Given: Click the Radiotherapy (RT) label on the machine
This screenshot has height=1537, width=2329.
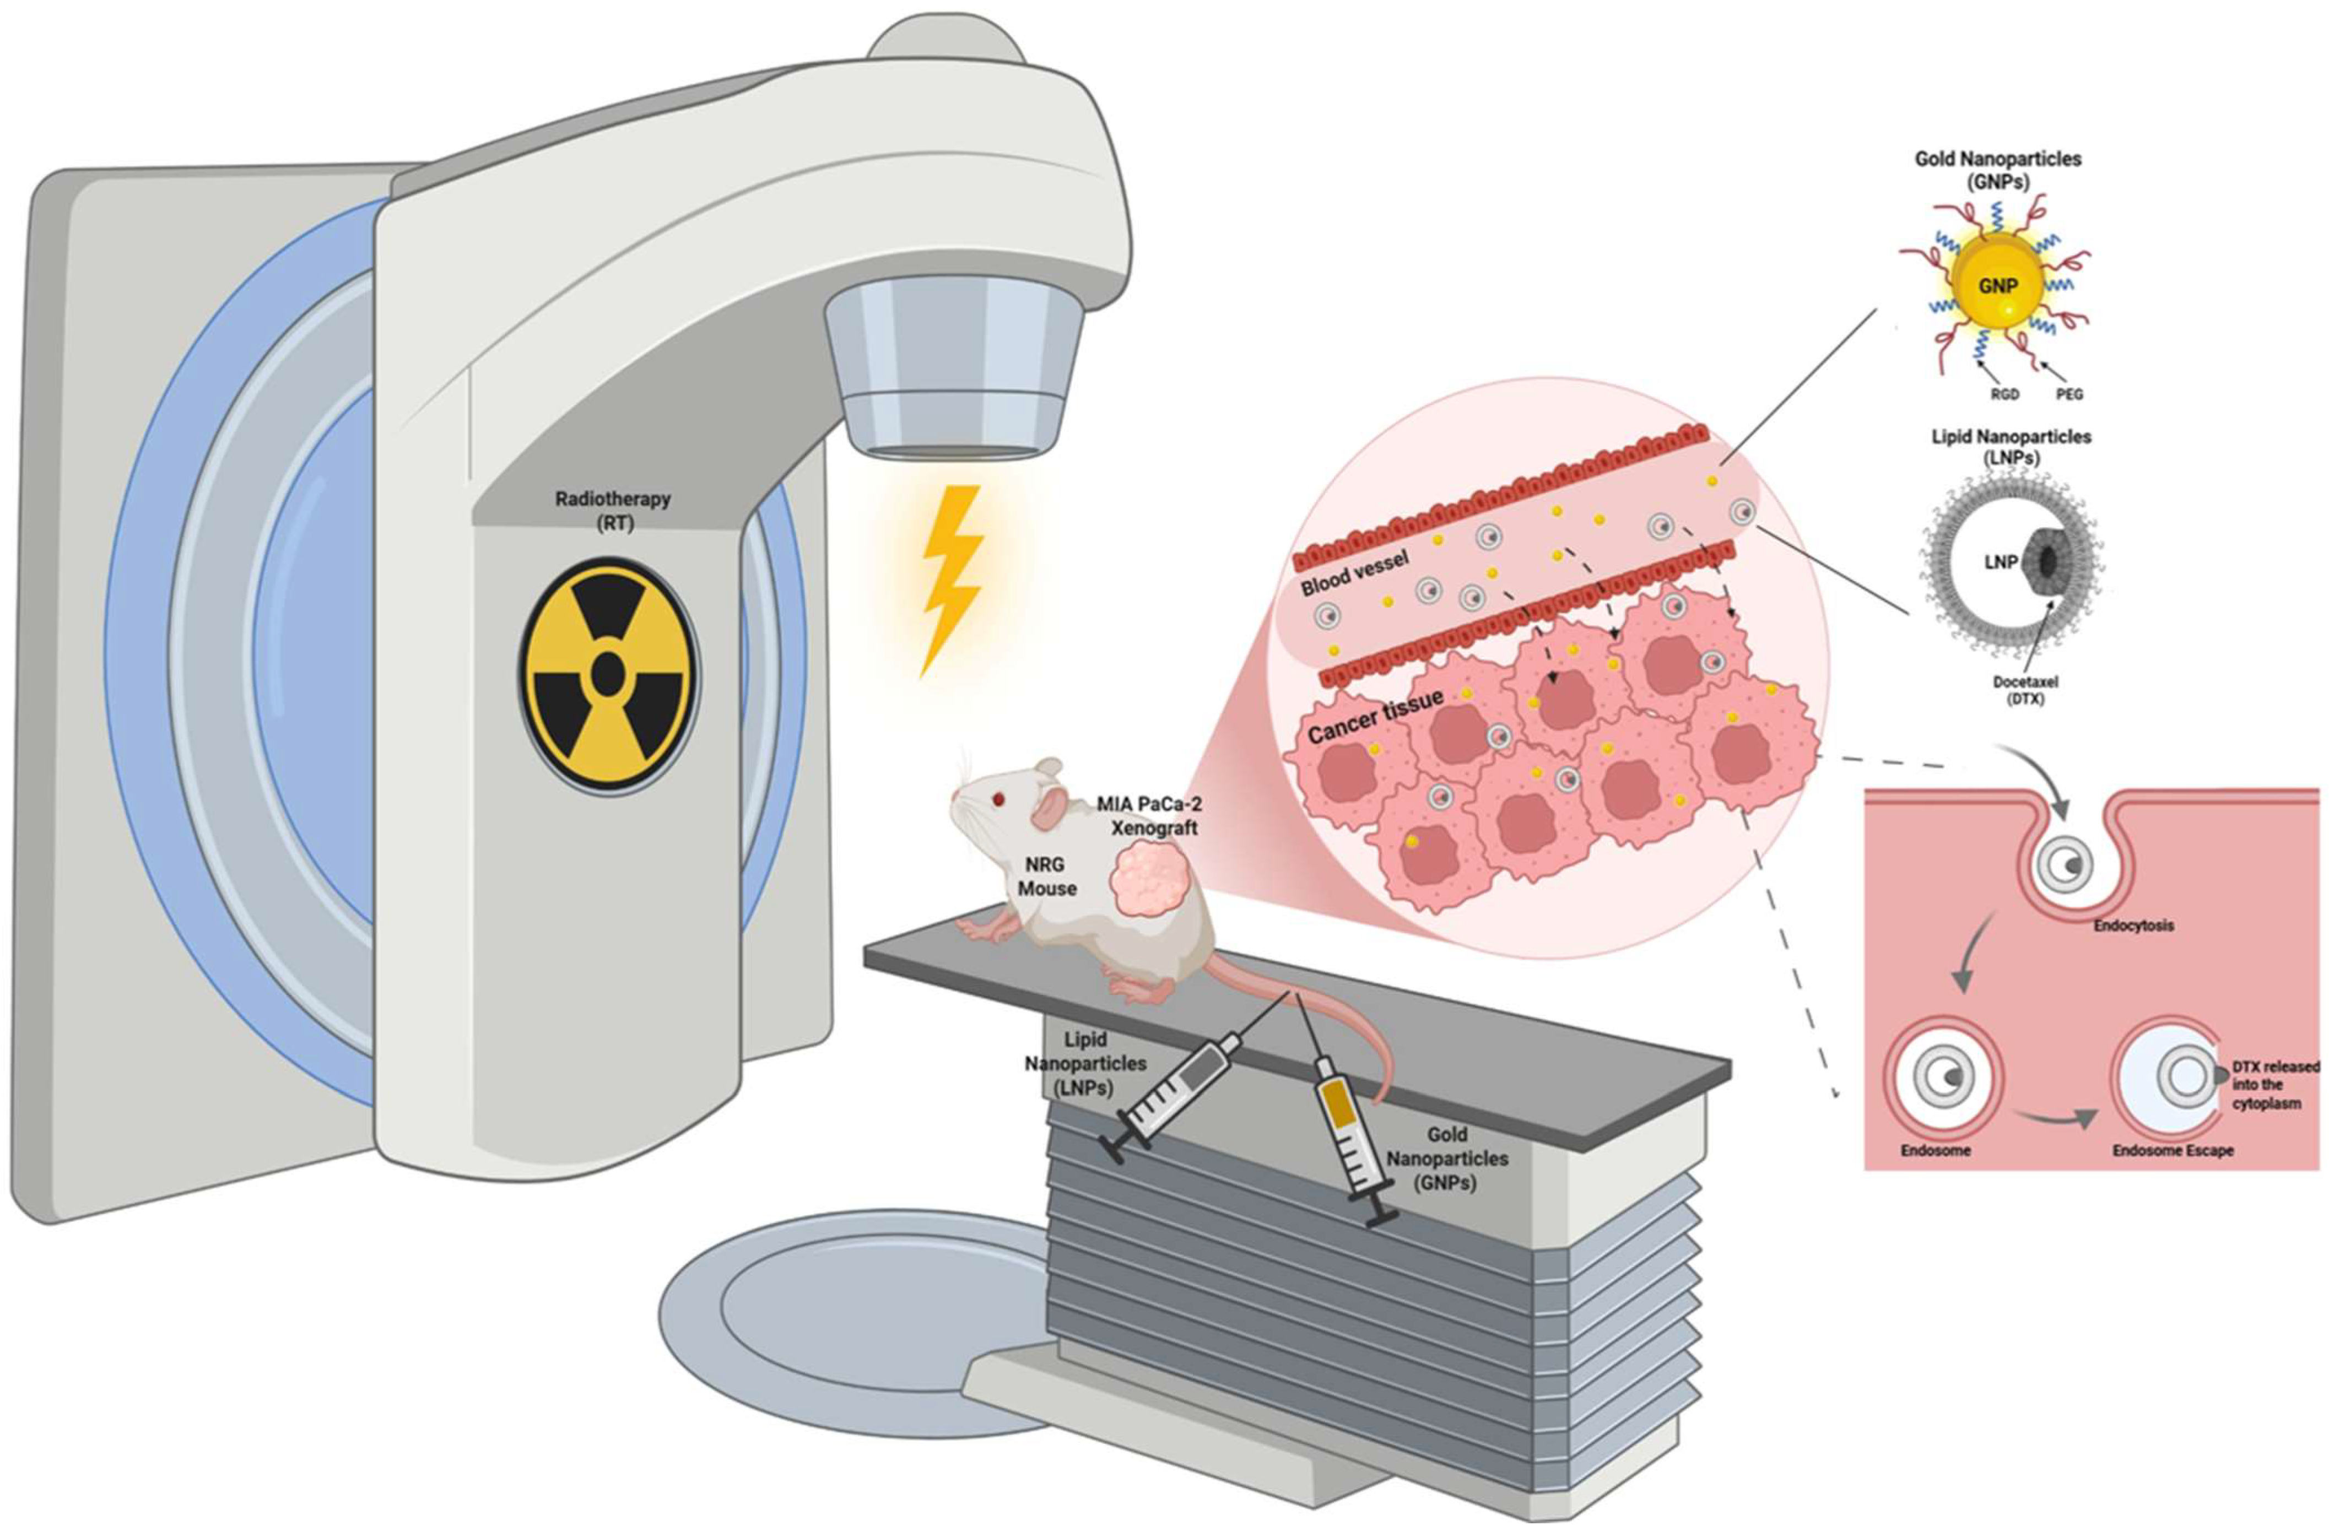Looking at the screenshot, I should (x=613, y=510).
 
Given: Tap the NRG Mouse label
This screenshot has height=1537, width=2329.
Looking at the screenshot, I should (x=1047, y=876).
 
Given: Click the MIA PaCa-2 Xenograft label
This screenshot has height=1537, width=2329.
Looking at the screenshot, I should (x=1149, y=815).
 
